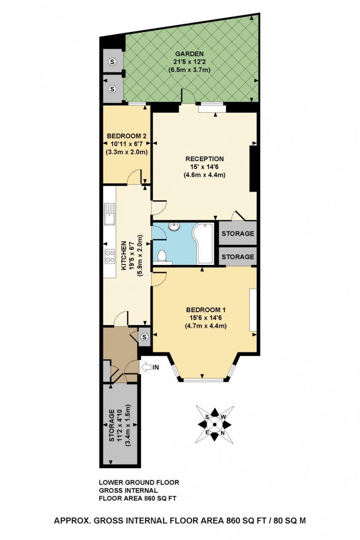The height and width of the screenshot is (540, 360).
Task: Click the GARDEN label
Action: (189, 53)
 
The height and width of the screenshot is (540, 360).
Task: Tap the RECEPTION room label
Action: (205, 159)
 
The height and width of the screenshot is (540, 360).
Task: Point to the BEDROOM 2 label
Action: (126, 136)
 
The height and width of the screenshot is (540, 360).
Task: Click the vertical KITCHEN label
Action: (124, 256)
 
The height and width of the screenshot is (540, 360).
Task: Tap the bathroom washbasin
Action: (173, 227)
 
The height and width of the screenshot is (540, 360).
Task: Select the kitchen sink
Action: (110, 214)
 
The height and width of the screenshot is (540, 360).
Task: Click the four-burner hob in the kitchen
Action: (110, 257)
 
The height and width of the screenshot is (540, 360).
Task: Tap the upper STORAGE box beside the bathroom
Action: (238, 233)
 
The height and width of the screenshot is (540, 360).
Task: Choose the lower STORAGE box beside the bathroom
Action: (238, 256)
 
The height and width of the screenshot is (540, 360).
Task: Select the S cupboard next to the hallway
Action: (144, 337)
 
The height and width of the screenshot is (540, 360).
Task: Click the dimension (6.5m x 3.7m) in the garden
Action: (189, 70)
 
